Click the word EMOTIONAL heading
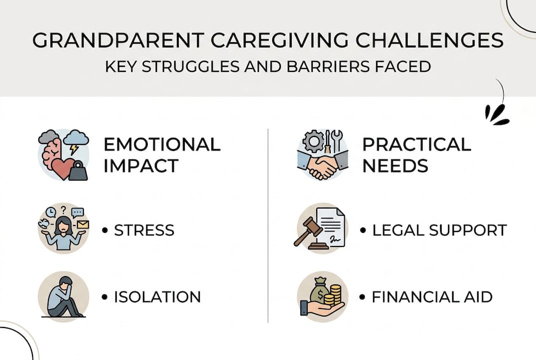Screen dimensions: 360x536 pos(162,144)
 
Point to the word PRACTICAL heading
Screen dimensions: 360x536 pos(417,144)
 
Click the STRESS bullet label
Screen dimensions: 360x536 pos(144,230)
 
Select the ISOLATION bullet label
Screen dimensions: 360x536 pos(157,296)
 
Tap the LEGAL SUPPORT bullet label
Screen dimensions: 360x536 pos(439,230)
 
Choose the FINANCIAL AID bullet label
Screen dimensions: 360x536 pos(432,296)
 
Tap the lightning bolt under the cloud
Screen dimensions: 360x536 pos(74,148)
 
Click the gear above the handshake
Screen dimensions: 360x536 pos(313,141)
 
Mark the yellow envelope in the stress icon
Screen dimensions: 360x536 pos(82,224)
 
